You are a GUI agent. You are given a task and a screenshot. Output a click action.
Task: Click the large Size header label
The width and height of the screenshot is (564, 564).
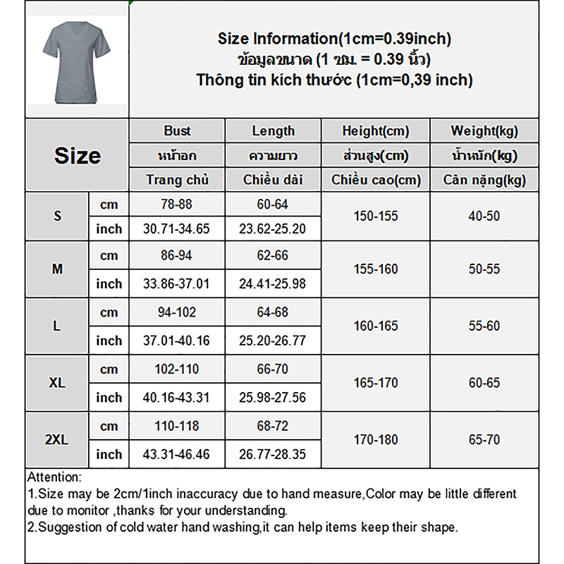tap(77, 156)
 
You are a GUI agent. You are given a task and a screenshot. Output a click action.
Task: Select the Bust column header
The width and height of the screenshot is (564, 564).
tap(177, 131)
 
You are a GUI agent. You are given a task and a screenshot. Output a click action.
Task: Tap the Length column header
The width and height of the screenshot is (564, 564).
tap(273, 131)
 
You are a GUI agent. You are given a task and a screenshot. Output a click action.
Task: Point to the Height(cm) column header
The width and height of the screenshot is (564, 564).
tap(375, 131)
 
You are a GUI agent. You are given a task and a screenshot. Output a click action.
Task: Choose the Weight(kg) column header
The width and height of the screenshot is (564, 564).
tap(484, 131)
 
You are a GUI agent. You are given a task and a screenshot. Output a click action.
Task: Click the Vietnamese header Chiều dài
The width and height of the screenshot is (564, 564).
tap(273, 180)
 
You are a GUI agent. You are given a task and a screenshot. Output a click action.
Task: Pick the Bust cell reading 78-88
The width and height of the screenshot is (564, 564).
tap(177, 204)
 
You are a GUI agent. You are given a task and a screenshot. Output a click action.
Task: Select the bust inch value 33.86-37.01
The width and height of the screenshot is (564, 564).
tap(177, 284)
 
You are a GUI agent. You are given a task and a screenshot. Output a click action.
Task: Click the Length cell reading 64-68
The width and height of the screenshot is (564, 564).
tap(273, 312)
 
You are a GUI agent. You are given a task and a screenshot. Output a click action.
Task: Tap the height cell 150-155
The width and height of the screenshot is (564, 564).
tap(375, 216)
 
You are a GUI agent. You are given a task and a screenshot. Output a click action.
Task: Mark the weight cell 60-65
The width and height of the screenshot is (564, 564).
tap(484, 383)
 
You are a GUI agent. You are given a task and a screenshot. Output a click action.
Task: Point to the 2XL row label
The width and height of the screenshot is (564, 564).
tap(56, 440)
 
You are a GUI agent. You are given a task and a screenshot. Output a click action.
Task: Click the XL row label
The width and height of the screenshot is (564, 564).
tap(57, 383)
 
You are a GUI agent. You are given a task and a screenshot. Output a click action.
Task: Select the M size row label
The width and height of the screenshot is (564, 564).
tap(57, 269)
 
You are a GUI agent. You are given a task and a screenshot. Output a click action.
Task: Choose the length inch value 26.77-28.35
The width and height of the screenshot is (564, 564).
tap(273, 455)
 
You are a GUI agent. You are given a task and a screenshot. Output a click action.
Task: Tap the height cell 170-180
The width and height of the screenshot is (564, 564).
tap(375, 440)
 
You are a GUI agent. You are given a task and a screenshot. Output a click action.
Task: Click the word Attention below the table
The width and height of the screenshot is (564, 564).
tap(54, 477)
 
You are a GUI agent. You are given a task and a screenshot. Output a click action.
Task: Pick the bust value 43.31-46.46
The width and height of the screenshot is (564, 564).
tap(177, 455)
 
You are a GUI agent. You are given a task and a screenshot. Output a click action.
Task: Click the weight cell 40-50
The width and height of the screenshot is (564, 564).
tap(484, 216)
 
